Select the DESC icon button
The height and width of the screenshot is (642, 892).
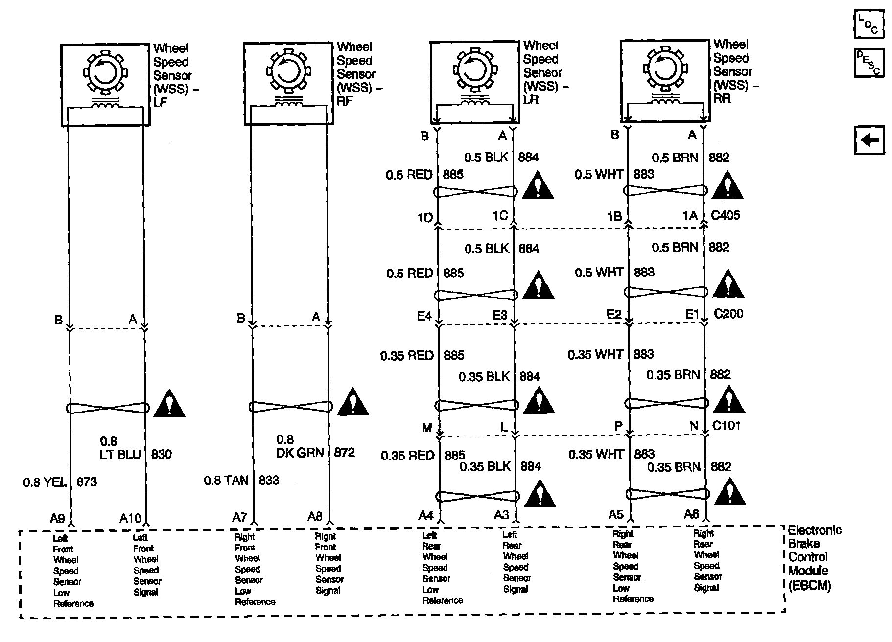(x=869, y=63)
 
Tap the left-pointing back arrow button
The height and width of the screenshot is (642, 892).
(x=869, y=140)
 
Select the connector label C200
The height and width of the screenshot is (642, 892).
(x=728, y=314)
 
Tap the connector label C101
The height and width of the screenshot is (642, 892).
(x=726, y=426)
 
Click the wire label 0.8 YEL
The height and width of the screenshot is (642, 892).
(x=45, y=482)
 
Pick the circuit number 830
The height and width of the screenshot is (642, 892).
(x=161, y=455)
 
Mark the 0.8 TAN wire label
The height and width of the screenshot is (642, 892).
(x=226, y=481)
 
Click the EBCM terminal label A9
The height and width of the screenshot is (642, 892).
(x=57, y=518)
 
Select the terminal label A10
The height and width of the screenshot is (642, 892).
(x=130, y=518)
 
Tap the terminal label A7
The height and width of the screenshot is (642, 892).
(x=239, y=517)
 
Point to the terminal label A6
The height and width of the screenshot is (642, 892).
(x=691, y=514)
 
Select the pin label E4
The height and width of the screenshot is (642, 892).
(x=424, y=316)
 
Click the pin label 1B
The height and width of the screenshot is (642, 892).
(x=614, y=216)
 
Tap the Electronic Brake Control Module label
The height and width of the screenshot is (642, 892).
(x=814, y=557)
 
